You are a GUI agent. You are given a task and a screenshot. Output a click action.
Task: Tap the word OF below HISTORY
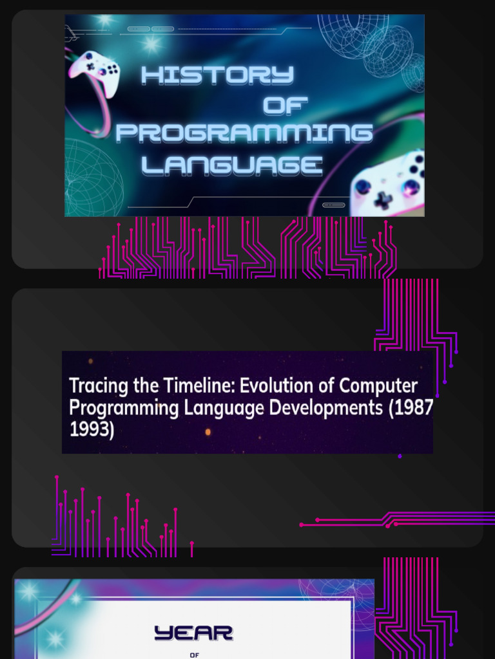[x=286, y=106]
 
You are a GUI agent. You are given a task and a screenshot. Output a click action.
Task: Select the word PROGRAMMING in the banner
[x=244, y=133]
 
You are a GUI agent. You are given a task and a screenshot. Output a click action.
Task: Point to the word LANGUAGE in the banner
[x=232, y=165]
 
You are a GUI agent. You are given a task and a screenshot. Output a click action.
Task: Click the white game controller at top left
[x=94, y=71]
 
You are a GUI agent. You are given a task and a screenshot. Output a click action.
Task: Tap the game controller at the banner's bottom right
[x=388, y=185]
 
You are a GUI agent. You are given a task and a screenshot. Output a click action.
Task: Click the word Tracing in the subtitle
[x=99, y=386]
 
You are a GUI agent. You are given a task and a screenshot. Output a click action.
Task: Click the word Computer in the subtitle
[x=378, y=386]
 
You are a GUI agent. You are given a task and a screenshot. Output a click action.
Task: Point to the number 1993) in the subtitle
[x=92, y=429]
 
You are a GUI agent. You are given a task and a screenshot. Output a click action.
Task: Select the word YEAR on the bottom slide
[x=193, y=633]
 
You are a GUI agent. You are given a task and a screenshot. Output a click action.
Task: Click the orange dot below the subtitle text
[x=208, y=432]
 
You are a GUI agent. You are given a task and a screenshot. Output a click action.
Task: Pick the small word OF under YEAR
[x=194, y=654]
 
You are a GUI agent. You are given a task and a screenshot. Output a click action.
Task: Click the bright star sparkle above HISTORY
[x=151, y=44]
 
